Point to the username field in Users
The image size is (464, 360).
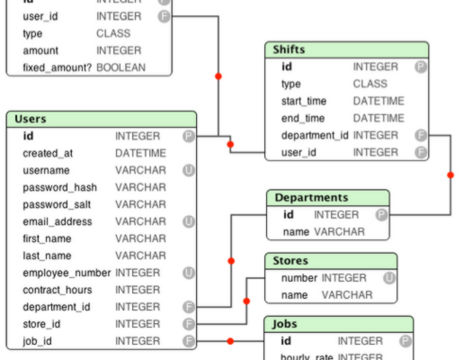[x=46, y=170]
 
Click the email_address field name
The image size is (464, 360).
[x=58, y=221]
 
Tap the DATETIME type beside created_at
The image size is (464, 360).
[x=140, y=153]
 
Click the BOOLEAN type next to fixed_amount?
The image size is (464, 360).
[x=120, y=67]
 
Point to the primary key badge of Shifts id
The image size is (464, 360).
[x=420, y=67]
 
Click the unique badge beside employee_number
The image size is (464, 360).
[x=188, y=273]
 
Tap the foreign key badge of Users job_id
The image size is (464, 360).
[x=188, y=341]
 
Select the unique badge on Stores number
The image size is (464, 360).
[x=388, y=278]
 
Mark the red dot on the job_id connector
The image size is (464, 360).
[x=231, y=341]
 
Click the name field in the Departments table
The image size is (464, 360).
[x=296, y=231]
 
